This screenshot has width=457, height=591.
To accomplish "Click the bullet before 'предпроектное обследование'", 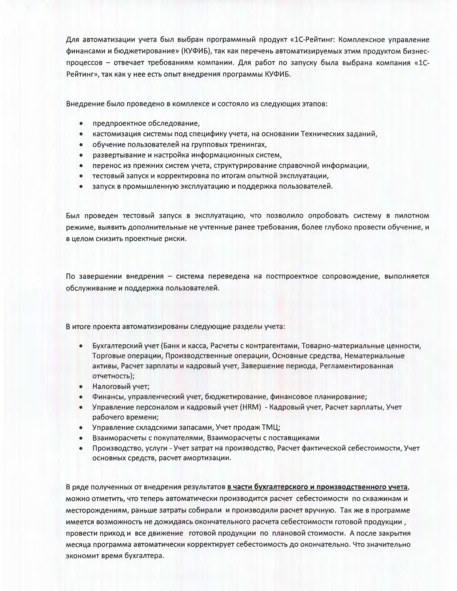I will click(81, 124).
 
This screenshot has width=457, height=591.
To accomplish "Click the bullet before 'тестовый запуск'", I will click(81, 176).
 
